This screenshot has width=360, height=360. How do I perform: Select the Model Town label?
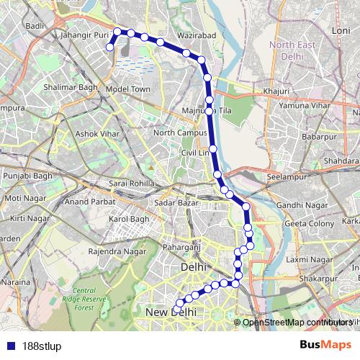127,89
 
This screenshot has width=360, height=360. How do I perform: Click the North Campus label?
175,132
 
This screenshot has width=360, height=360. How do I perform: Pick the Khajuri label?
276,91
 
